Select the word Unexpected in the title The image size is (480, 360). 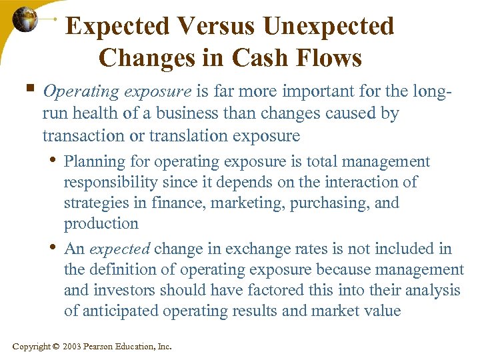(329, 27)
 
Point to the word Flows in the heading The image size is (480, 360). (329, 58)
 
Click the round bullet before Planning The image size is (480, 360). (53, 160)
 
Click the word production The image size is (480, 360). (101, 223)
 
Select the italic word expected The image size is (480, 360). (119, 250)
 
